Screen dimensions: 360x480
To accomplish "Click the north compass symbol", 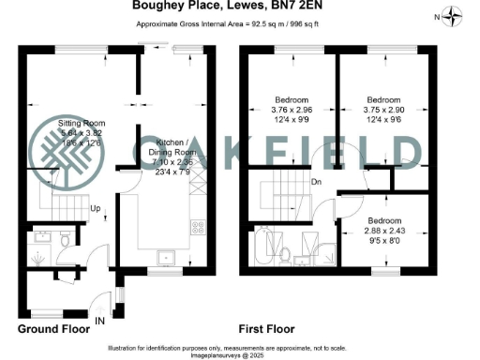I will click(x=454, y=15).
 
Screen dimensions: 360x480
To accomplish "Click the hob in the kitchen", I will click(x=199, y=227).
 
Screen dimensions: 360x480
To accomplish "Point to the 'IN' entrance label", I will click(x=100, y=320).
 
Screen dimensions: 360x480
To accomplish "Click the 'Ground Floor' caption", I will click(x=54, y=329).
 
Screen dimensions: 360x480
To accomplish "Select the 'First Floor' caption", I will click(x=267, y=329).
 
